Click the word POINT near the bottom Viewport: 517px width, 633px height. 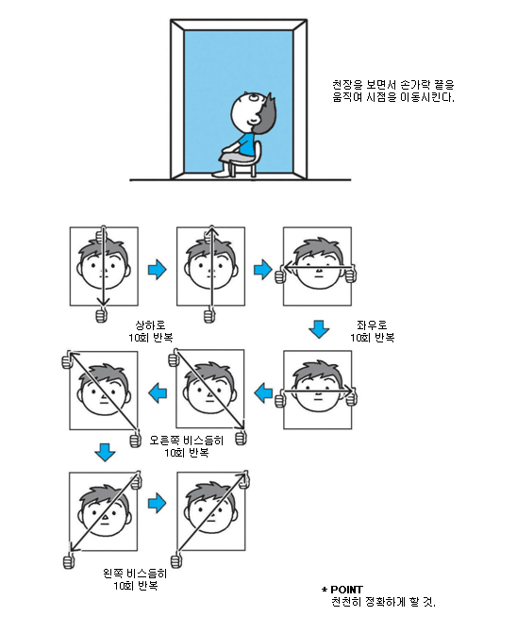click(x=346, y=590)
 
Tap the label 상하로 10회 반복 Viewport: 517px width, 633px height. click(x=151, y=331)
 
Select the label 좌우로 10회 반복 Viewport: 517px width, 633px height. click(x=372, y=331)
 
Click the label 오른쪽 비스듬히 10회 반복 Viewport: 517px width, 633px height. click(x=187, y=446)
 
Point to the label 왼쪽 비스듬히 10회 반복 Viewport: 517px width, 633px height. click(x=135, y=579)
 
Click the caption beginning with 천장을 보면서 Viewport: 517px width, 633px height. click(x=393, y=91)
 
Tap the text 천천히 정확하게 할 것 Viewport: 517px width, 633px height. click(x=383, y=602)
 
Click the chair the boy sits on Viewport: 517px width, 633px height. click(x=247, y=161)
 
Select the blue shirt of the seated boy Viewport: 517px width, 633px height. click(x=244, y=143)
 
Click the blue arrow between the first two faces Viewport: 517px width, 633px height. click(x=157, y=269)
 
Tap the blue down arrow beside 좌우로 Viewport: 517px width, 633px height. click(x=319, y=329)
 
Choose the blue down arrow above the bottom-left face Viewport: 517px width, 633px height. click(x=105, y=453)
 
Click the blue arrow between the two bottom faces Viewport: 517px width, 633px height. click(x=157, y=503)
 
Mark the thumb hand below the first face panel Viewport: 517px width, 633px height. click(x=102, y=314)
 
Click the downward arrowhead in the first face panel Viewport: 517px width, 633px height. click(x=104, y=301)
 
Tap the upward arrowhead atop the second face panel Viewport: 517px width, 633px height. click(x=211, y=231)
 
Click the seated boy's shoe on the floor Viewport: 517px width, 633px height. click(x=220, y=174)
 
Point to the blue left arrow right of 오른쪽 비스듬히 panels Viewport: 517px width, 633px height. click(x=263, y=393)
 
